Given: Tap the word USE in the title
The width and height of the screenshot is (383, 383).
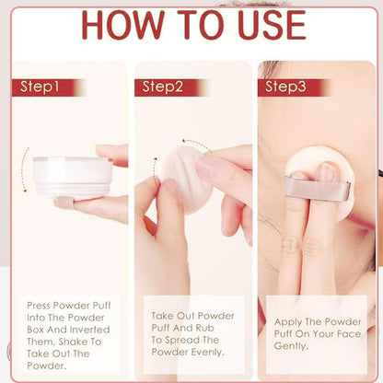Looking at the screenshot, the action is [x=272, y=25].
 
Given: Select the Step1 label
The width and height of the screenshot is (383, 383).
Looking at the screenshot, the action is [x=40, y=87].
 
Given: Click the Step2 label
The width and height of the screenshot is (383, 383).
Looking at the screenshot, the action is [x=163, y=87].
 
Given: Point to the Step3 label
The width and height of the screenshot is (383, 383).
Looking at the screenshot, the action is [x=285, y=87].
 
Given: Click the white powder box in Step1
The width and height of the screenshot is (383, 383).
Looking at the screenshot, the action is [x=73, y=177].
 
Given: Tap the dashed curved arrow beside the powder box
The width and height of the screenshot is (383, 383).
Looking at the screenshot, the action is [x=25, y=169].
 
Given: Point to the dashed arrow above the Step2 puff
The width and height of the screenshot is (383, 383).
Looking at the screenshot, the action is [x=196, y=145].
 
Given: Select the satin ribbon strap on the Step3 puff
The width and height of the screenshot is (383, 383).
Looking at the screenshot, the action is [x=317, y=188].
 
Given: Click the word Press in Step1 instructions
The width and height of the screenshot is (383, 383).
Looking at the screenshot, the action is [x=39, y=306].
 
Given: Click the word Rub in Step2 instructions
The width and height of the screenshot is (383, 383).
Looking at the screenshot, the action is [x=204, y=328].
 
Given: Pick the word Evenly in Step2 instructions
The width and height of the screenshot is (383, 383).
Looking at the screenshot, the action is [x=207, y=353].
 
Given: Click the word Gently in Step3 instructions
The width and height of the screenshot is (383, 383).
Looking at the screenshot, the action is [x=291, y=346].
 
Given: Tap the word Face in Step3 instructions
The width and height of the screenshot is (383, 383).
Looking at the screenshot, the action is [x=349, y=334].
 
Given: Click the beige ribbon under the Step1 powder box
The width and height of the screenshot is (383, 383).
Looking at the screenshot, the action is [x=64, y=203].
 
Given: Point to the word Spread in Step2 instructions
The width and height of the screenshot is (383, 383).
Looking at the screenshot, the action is [x=181, y=341].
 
